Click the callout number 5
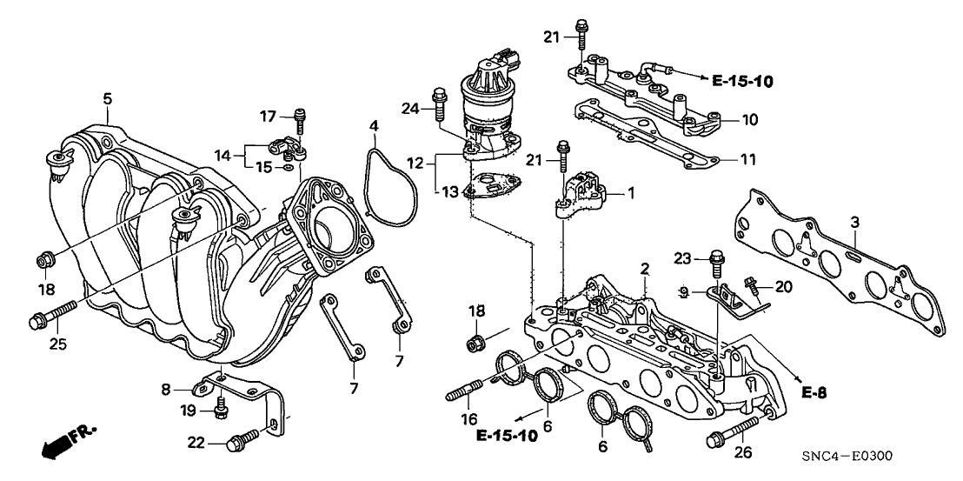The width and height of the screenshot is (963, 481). [x=107, y=99]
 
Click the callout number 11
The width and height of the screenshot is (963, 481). [x=747, y=160]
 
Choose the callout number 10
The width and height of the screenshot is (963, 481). [x=748, y=118]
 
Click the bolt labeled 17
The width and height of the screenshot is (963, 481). [x=301, y=117]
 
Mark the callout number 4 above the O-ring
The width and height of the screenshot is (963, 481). [x=373, y=127]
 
